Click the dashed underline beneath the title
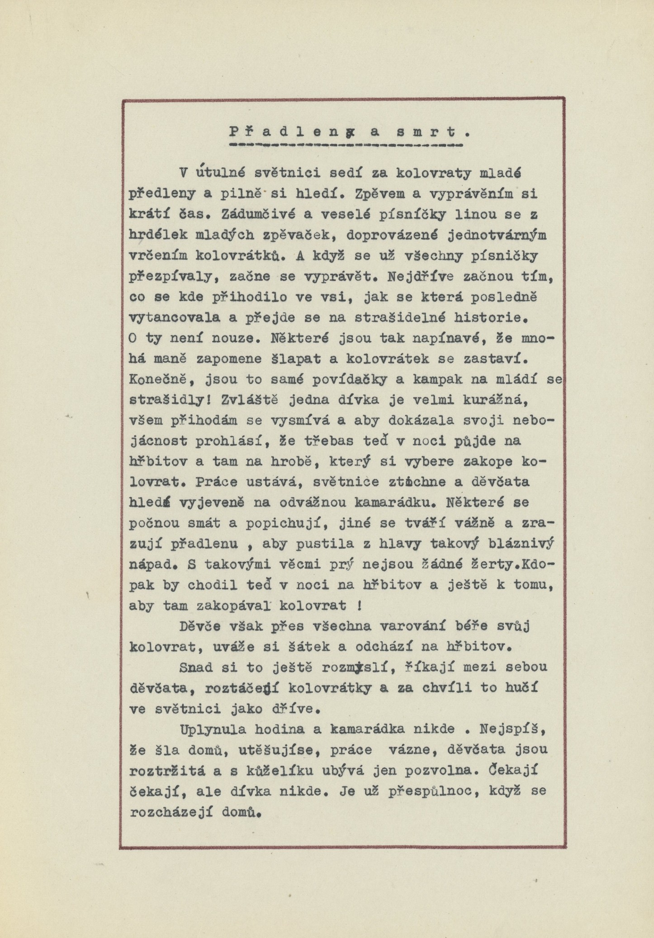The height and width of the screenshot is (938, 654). click(346, 146)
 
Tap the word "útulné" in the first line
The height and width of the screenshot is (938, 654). click(220, 173)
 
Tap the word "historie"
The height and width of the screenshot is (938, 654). click(484, 317)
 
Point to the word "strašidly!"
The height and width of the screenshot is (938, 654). click(170, 400)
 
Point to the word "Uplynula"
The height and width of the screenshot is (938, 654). click(213, 729)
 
